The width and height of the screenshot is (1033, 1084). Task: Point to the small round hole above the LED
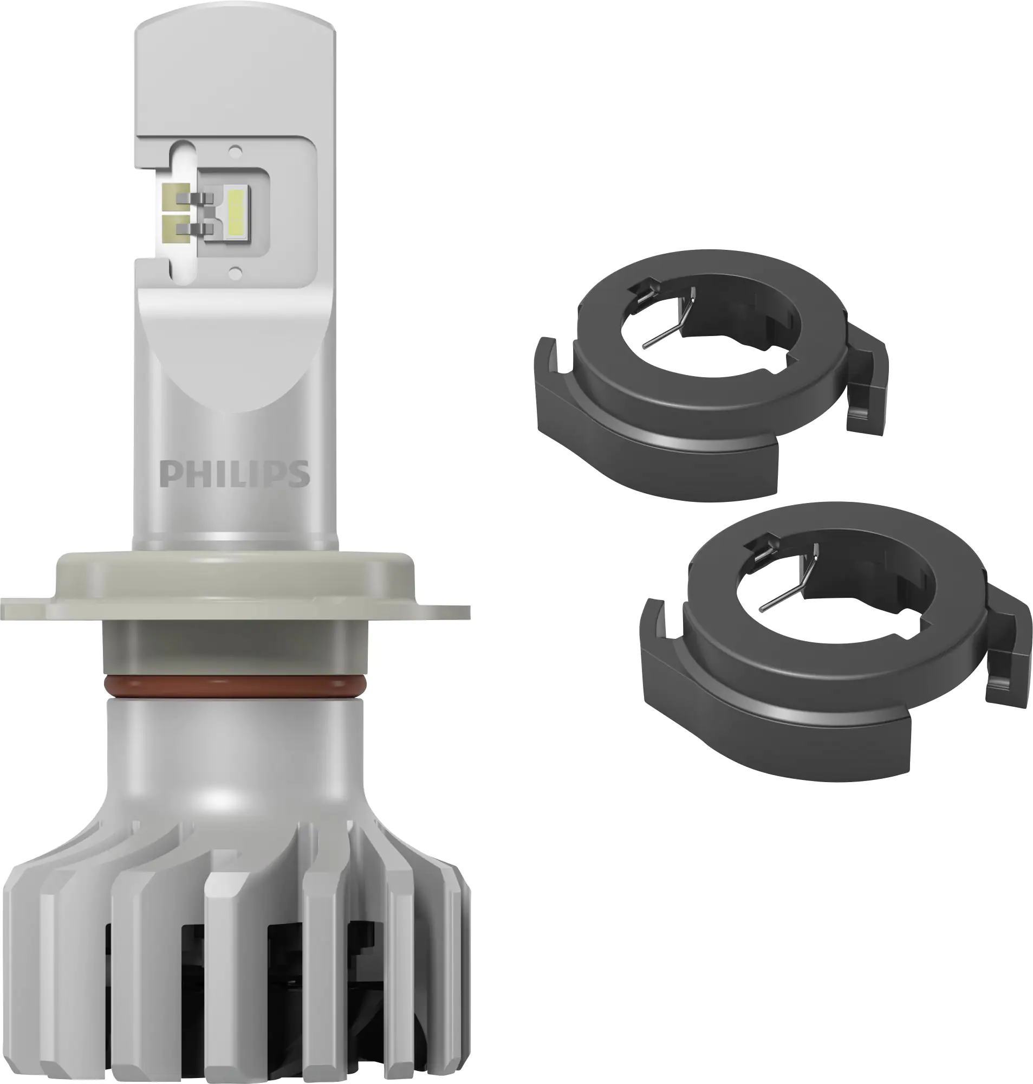[236, 149]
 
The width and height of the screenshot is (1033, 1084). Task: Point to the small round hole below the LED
[236, 270]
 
